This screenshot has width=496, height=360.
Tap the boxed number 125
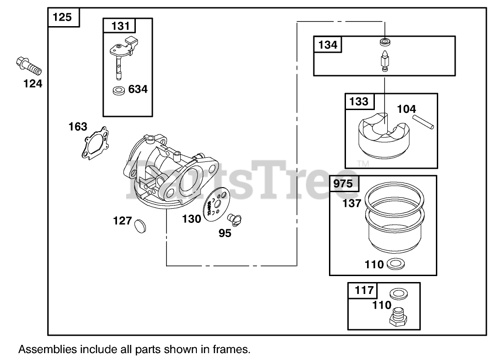63,17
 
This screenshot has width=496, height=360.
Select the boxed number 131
121,26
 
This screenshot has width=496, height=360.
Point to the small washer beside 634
119,90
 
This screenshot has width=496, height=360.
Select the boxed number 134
328,44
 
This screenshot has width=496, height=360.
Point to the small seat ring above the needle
385,43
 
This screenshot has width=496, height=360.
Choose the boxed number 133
359,101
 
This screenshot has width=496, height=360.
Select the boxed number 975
344,184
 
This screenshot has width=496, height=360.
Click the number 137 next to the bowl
352,203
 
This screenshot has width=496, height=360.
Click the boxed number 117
362,290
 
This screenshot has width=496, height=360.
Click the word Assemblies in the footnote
47,349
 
